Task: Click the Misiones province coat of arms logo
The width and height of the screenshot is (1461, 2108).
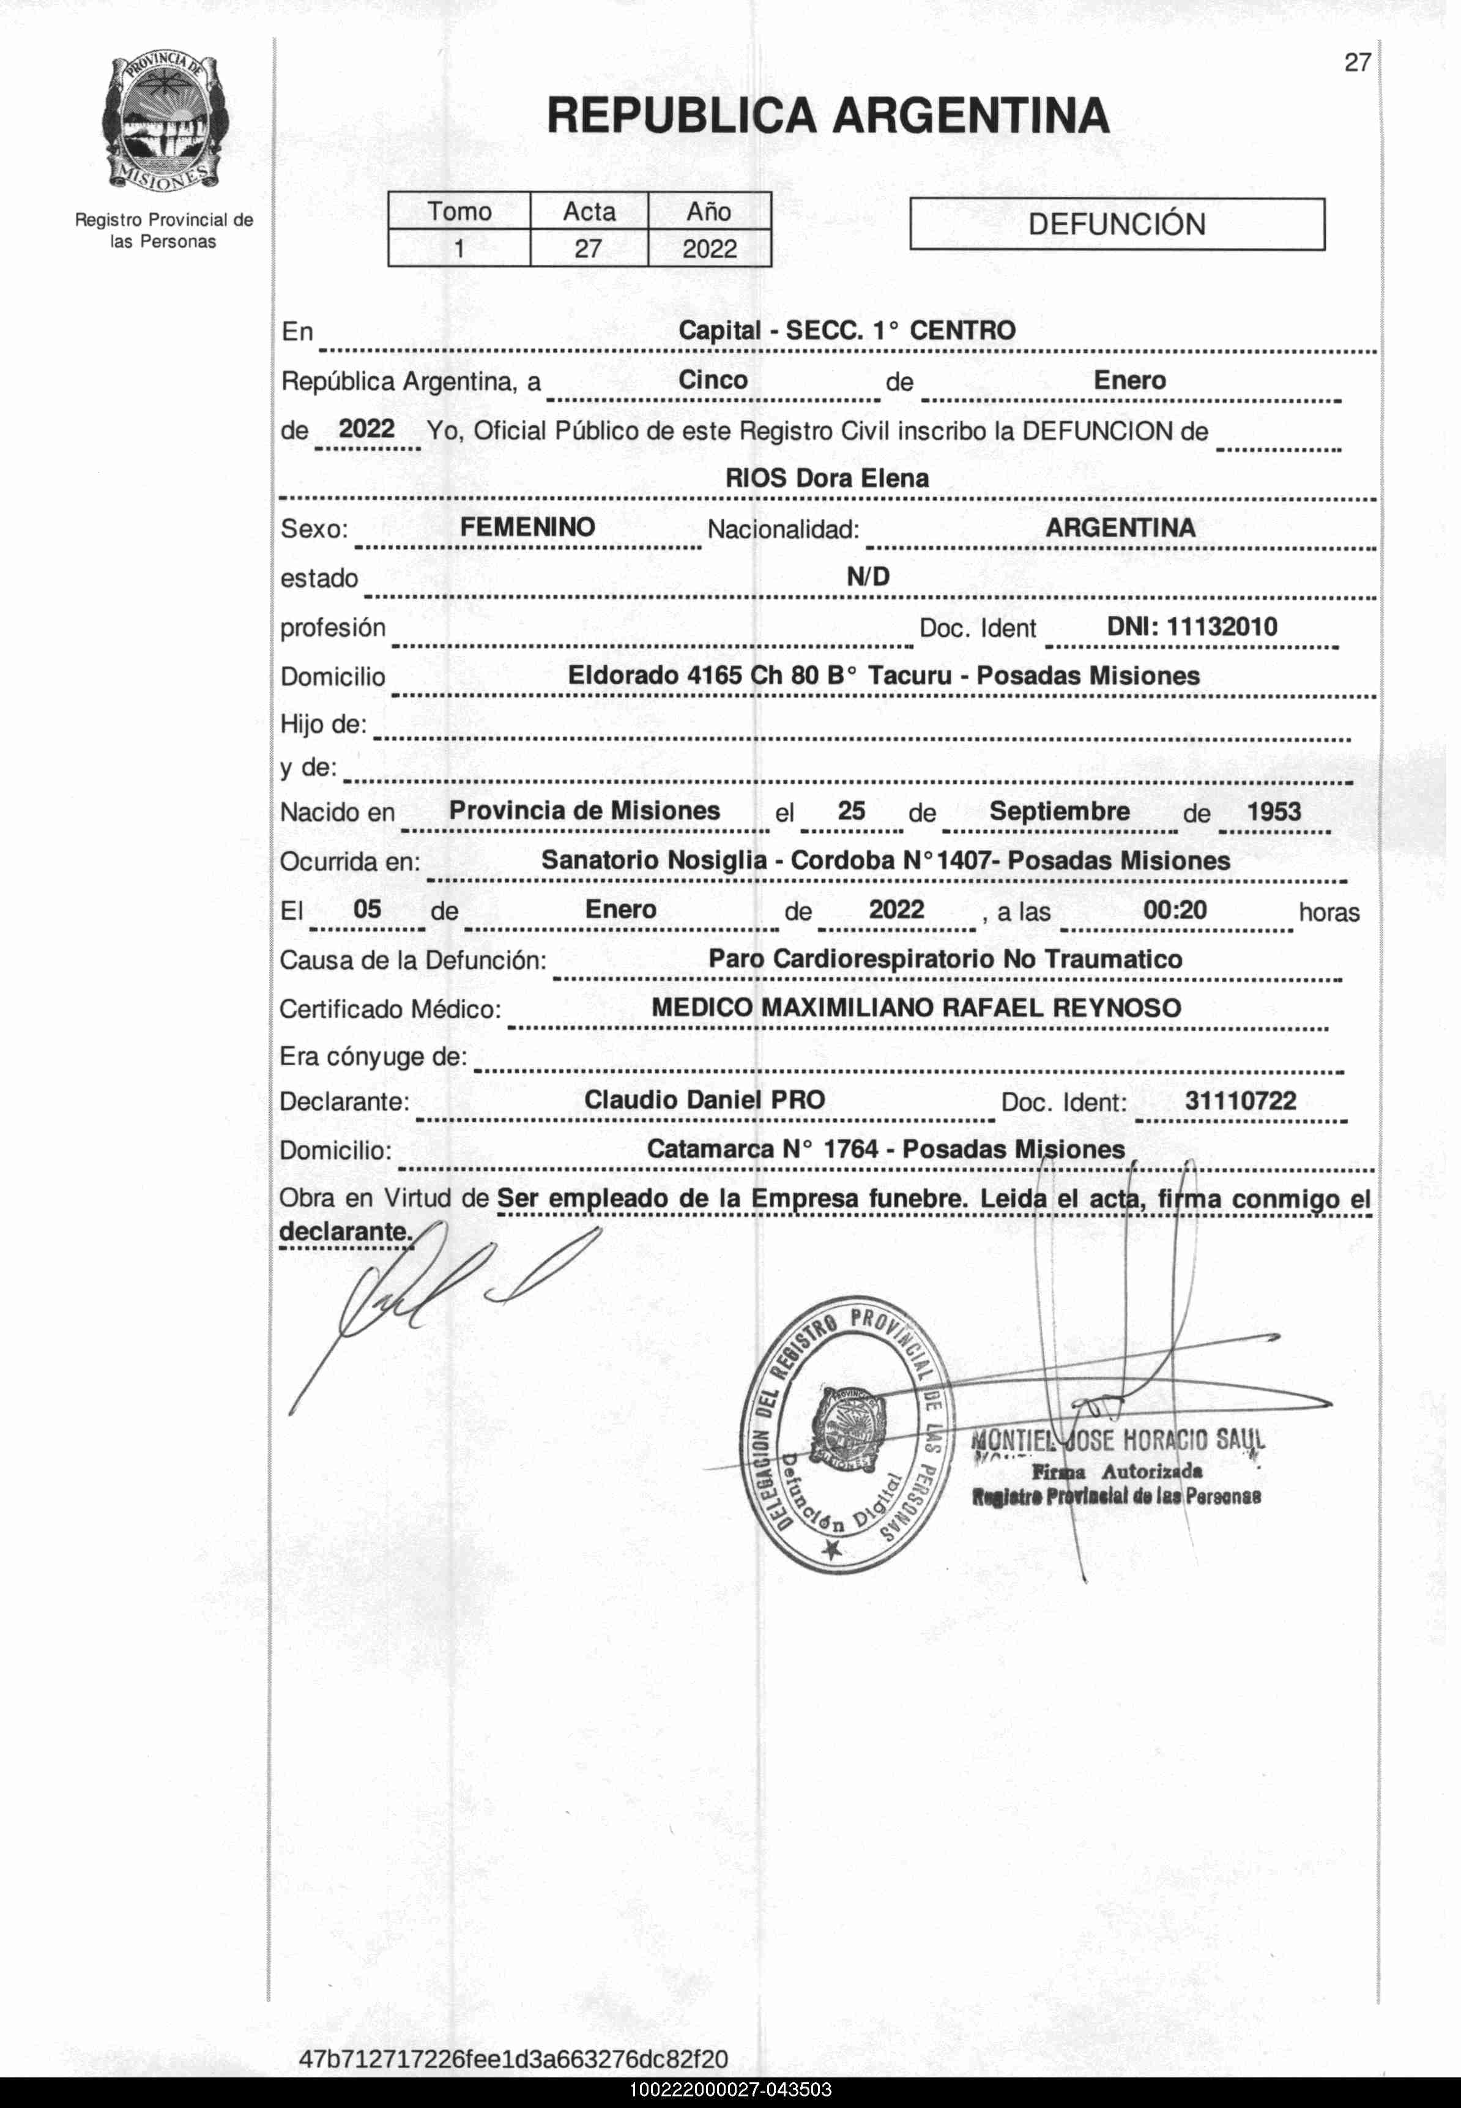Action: click(164, 124)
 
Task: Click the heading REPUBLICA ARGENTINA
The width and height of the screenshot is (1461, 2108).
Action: click(828, 116)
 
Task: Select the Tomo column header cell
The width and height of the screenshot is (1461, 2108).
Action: click(459, 212)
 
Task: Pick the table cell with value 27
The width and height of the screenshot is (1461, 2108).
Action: click(588, 248)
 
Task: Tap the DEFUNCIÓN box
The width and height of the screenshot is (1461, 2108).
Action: click(1116, 224)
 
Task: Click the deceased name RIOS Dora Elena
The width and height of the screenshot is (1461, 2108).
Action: click(827, 478)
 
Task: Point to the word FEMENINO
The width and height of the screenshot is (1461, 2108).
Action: click(527, 527)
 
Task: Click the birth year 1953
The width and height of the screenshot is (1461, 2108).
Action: click(1273, 812)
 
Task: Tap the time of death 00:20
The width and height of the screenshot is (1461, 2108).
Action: click(1175, 910)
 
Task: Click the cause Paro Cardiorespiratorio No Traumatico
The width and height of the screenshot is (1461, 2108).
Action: click(945, 959)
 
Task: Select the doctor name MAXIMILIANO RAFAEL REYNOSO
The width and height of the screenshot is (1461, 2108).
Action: click(970, 1008)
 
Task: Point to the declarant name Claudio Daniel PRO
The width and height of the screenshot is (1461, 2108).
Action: click(705, 1100)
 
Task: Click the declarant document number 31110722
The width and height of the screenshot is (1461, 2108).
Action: click(1240, 1100)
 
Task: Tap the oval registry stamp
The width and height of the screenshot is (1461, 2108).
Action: click(847, 1436)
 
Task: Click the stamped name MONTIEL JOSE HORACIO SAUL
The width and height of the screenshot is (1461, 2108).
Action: click(1117, 1440)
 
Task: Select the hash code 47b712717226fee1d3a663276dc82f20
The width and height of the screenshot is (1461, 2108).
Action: click(513, 2060)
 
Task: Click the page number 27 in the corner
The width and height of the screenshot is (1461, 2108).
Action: click(1356, 62)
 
